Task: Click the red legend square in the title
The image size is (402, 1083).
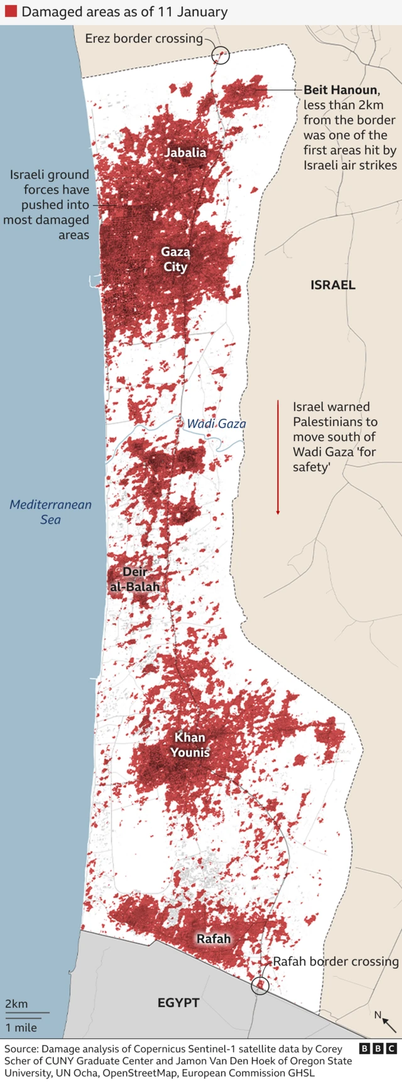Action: [11, 12]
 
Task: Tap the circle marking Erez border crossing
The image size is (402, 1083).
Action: [220, 55]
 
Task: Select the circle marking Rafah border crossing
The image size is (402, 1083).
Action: [260, 986]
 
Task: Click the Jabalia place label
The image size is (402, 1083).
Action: [185, 152]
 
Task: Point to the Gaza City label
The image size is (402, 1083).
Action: [175, 259]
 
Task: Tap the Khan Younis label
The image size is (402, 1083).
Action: [190, 745]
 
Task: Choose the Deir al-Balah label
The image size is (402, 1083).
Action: [134, 579]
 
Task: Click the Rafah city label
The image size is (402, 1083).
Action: [214, 939]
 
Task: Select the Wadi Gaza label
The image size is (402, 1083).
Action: [217, 424]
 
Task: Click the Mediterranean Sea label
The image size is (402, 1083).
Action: [50, 512]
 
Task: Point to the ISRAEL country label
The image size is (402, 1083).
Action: [333, 285]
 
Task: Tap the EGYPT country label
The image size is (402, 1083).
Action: [178, 1003]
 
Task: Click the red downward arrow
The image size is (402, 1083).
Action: [278, 457]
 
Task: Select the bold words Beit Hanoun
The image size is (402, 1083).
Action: [341, 90]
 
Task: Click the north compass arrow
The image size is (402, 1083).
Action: [388, 1024]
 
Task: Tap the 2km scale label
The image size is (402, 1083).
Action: [16, 1004]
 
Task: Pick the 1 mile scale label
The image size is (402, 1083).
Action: [21, 1028]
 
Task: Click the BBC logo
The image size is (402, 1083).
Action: [378, 1048]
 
